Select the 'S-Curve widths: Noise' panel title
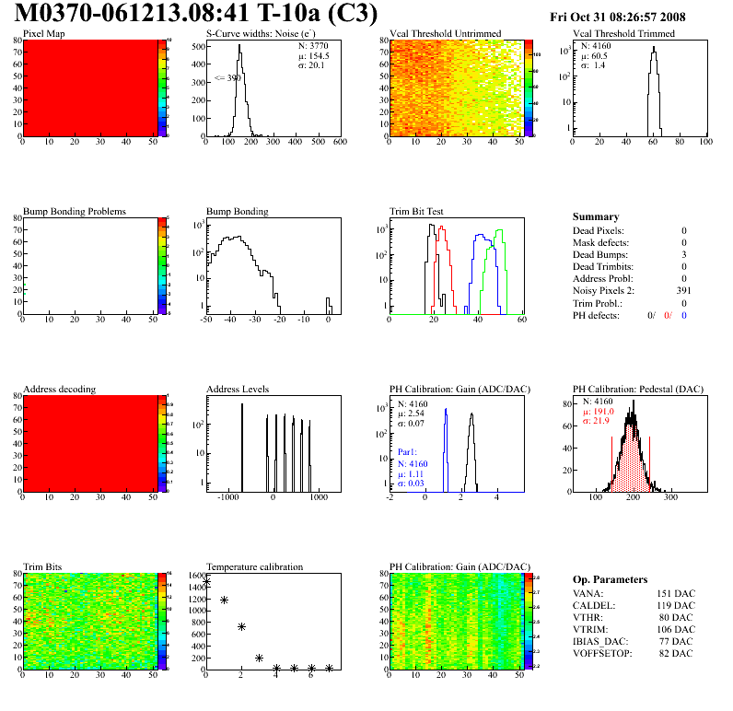click(x=263, y=34)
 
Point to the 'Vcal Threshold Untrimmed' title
click(x=446, y=34)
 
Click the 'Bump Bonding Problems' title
click(x=75, y=211)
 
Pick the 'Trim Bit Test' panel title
click(x=419, y=211)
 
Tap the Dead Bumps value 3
click(x=684, y=254)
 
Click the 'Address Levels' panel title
click(x=239, y=389)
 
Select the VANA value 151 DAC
click(x=678, y=594)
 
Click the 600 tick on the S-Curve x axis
click(x=339, y=143)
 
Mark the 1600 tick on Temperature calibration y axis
click(x=196, y=576)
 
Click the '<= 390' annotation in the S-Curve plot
click(x=227, y=78)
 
